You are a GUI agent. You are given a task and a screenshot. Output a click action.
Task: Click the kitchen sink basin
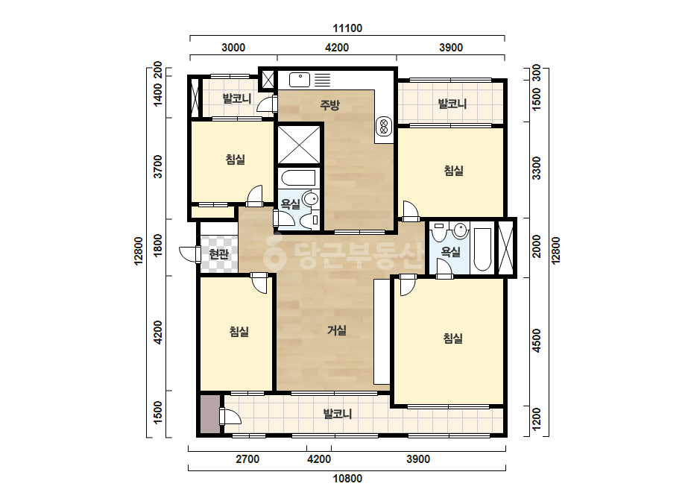[x=300, y=80]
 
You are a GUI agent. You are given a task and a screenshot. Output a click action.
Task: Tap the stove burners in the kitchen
[x=384, y=126]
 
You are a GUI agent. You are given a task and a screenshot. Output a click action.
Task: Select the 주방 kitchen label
[x=329, y=104]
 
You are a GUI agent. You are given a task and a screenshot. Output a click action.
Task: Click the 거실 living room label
[x=337, y=330]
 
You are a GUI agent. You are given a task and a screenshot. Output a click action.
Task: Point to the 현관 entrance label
[x=218, y=253]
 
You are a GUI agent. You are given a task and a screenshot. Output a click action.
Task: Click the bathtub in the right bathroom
[x=482, y=249]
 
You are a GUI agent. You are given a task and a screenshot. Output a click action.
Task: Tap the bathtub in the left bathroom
[x=298, y=178]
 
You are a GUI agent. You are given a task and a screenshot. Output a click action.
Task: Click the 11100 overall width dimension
[x=347, y=28]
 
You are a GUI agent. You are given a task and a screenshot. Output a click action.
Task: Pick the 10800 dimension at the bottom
[x=347, y=479]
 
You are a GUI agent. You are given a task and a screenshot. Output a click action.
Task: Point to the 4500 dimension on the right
[x=536, y=340]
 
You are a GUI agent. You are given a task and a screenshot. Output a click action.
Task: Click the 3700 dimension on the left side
[x=157, y=166]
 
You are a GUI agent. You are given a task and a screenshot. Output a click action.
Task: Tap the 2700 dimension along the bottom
[x=247, y=459]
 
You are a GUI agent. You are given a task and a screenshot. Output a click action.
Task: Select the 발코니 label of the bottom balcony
[x=338, y=414]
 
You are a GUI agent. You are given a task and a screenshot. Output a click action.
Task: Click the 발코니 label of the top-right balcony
[x=452, y=104]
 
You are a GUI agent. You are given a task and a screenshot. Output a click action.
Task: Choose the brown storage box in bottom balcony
[x=209, y=414]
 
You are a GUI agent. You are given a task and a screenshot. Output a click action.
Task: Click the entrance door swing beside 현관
[x=189, y=254]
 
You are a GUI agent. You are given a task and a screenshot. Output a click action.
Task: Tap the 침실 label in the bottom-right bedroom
[x=452, y=338]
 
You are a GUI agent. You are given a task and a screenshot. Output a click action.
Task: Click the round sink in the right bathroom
[x=460, y=230]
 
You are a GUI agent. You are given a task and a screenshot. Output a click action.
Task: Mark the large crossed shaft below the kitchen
[x=299, y=145]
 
